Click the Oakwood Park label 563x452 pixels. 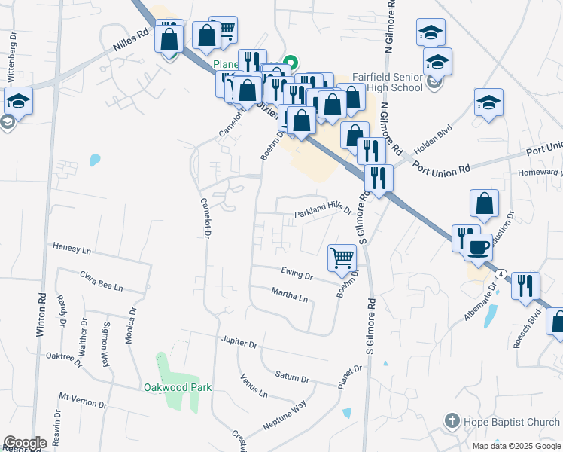coord(178,388)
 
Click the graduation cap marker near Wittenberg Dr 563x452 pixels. coord(17,101)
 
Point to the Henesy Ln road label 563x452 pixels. coord(72,247)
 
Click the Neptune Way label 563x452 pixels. coord(285,416)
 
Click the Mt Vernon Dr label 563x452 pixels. coord(82,399)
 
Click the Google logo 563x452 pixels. coord(25,443)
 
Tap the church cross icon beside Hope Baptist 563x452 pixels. coord(452,421)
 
